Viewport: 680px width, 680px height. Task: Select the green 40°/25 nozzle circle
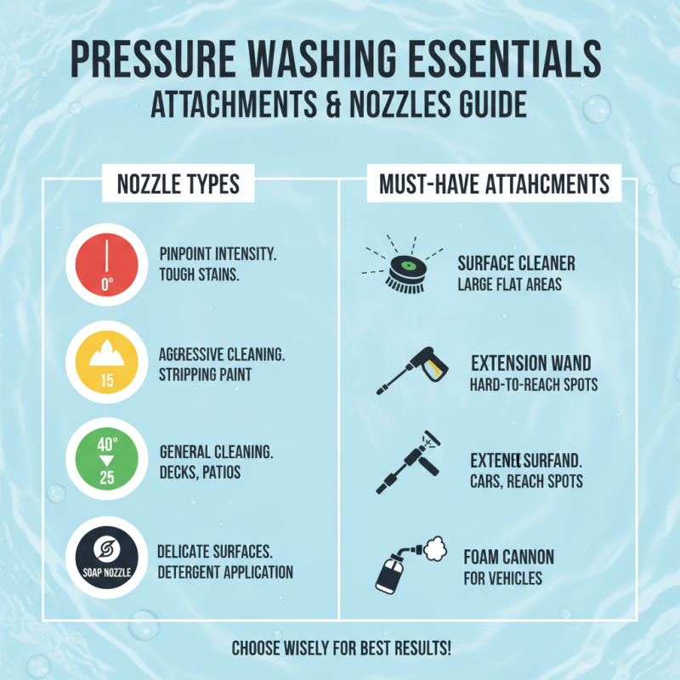coord(107,460)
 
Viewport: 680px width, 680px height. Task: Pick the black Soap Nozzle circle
coord(107,557)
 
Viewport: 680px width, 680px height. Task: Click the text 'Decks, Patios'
coord(200,472)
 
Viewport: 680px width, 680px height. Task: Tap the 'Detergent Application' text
coord(225,572)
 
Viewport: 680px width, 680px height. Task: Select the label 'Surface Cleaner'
coord(515,264)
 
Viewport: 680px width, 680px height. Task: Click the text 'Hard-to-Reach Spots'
coord(534,385)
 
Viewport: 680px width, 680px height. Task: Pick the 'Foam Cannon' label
coord(509,558)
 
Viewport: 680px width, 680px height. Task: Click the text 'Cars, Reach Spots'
coord(526,482)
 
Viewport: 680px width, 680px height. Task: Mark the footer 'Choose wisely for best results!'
coord(340,649)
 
